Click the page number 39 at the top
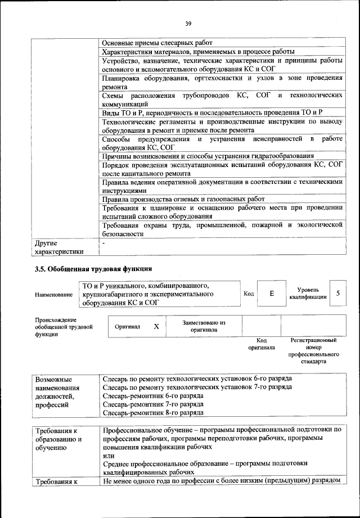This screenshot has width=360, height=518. pos(188,23)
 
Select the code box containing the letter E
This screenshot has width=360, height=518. pos(272,294)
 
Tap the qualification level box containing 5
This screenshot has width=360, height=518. pos(337,294)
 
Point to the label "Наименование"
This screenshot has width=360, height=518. pos(53,294)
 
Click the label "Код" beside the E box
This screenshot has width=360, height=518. pos(249,294)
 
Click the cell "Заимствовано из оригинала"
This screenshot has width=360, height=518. pos(204,326)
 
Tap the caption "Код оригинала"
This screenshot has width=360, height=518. pos(262,344)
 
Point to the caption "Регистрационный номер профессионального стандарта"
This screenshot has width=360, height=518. pos(313,351)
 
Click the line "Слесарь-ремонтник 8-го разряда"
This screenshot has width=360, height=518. pos(153,412)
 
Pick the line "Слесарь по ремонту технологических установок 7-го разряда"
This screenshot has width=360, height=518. pos(197,388)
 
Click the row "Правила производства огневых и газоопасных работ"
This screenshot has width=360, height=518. pos(183,199)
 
